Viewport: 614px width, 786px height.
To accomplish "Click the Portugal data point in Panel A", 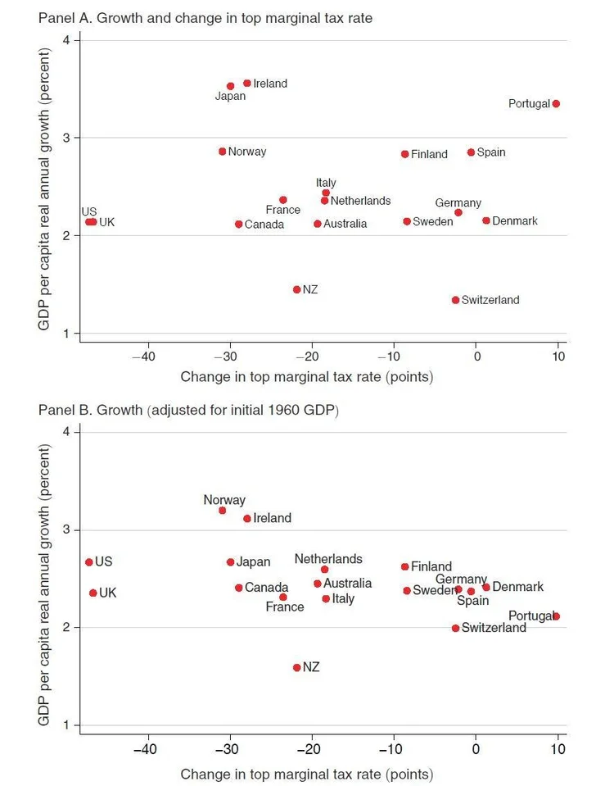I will click(x=556, y=104).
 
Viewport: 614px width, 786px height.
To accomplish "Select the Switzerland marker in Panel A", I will click(x=455, y=300).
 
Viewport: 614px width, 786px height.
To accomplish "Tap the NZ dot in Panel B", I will click(x=296, y=668).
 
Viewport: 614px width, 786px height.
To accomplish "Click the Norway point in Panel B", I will click(x=222, y=511).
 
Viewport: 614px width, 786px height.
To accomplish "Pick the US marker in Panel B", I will click(x=88, y=562).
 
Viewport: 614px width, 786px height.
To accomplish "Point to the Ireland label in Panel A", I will click(x=270, y=84).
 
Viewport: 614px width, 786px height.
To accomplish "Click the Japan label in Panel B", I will click(x=253, y=562).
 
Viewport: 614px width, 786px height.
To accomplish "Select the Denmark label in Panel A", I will click(x=515, y=221).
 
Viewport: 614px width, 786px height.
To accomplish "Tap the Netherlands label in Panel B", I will click(x=328, y=559).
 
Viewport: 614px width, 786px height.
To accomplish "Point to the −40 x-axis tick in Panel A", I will click(x=145, y=357).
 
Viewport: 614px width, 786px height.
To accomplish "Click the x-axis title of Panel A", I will click(x=306, y=377).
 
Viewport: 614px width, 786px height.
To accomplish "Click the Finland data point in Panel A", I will click(x=404, y=154).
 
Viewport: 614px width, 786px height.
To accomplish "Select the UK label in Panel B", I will click(x=108, y=593).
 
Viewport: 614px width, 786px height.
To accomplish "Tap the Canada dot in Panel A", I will click(x=238, y=225).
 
